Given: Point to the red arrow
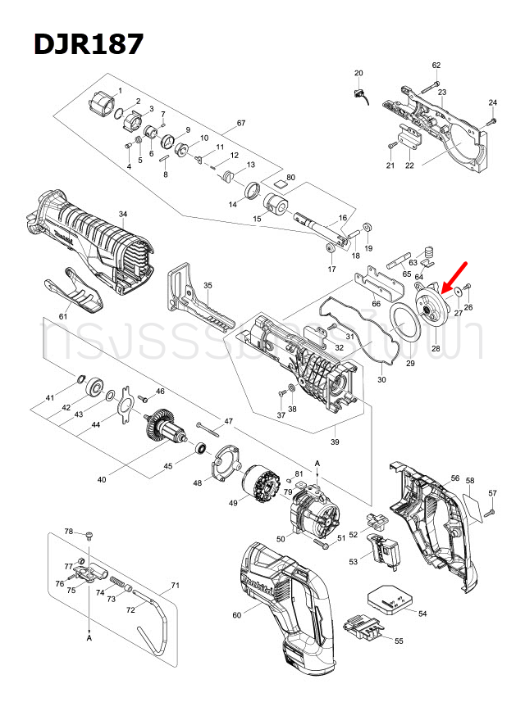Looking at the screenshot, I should point(454,277).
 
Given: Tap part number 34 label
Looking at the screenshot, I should point(123,215).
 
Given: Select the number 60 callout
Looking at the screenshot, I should point(236,615).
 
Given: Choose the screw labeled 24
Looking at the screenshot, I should point(491,120).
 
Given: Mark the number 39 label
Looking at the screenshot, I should point(335,442).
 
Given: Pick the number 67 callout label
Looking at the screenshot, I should point(241,124).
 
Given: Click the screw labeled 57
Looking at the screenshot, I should point(490,510).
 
